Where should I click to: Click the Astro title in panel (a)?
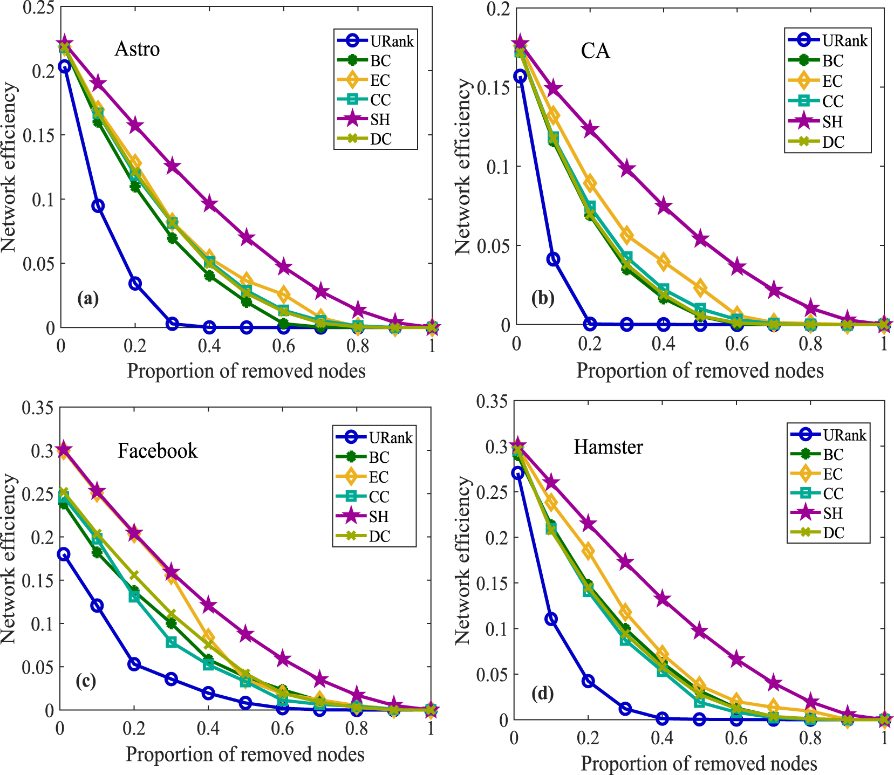tap(137, 49)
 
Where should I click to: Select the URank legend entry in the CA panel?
tap(844, 40)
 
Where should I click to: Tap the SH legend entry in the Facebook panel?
tap(379, 517)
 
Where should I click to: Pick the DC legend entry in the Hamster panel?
tap(833, 533)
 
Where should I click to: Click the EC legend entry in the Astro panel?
tap(380, 80)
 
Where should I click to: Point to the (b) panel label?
tap(542, 298)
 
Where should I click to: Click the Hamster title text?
tap(608, 447)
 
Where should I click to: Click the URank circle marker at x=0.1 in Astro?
tap(98, 205)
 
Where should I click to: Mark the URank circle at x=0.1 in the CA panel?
tap(553, 259)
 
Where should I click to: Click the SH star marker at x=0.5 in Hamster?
tap(700, 631)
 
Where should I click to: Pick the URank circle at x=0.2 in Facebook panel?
tap(134, 664)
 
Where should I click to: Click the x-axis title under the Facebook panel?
tap(245, 754)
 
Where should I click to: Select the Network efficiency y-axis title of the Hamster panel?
tap(462, 560)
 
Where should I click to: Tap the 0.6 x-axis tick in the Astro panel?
tap(283, 346)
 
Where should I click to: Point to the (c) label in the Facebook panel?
tap(86, 681)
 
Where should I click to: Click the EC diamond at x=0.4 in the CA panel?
tap(663, 262)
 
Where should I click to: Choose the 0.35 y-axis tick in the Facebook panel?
tap(38, 408)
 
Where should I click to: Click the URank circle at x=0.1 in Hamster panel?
tap(551, 619)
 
